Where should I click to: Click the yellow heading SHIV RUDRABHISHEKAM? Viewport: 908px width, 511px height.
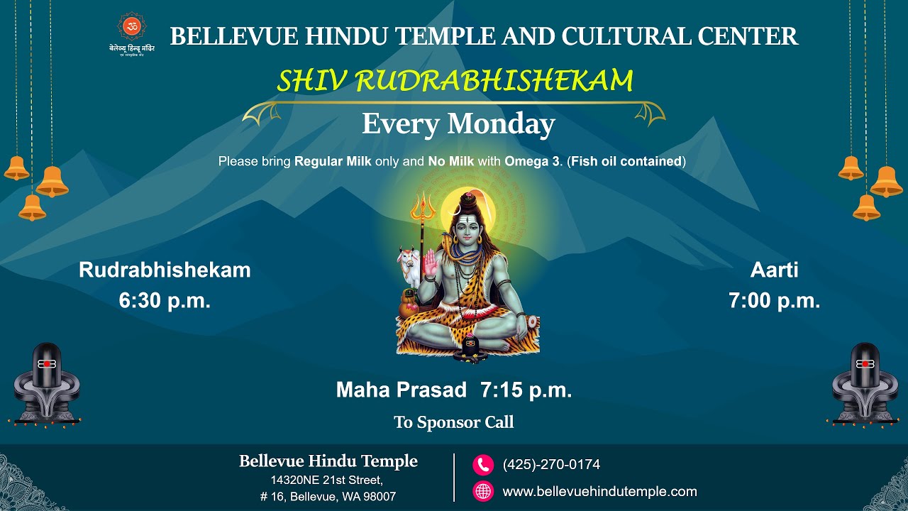455,82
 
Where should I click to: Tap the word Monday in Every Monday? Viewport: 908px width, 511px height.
500,124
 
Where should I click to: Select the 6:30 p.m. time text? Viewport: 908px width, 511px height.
165,300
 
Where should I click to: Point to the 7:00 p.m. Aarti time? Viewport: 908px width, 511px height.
774,300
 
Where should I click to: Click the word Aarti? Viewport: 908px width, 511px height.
774,270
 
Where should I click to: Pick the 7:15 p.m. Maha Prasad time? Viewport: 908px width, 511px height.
526,390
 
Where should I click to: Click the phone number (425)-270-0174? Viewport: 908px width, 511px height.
551,465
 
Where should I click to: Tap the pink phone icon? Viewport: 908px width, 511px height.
483,465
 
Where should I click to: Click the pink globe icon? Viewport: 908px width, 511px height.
483,491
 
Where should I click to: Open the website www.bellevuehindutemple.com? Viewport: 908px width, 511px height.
599,491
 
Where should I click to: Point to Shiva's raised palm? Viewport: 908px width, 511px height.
432,266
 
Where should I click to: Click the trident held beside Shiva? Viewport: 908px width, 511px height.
421,213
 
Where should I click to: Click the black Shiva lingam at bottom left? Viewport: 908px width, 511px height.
46,383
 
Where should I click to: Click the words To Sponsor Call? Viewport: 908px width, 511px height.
454,422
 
